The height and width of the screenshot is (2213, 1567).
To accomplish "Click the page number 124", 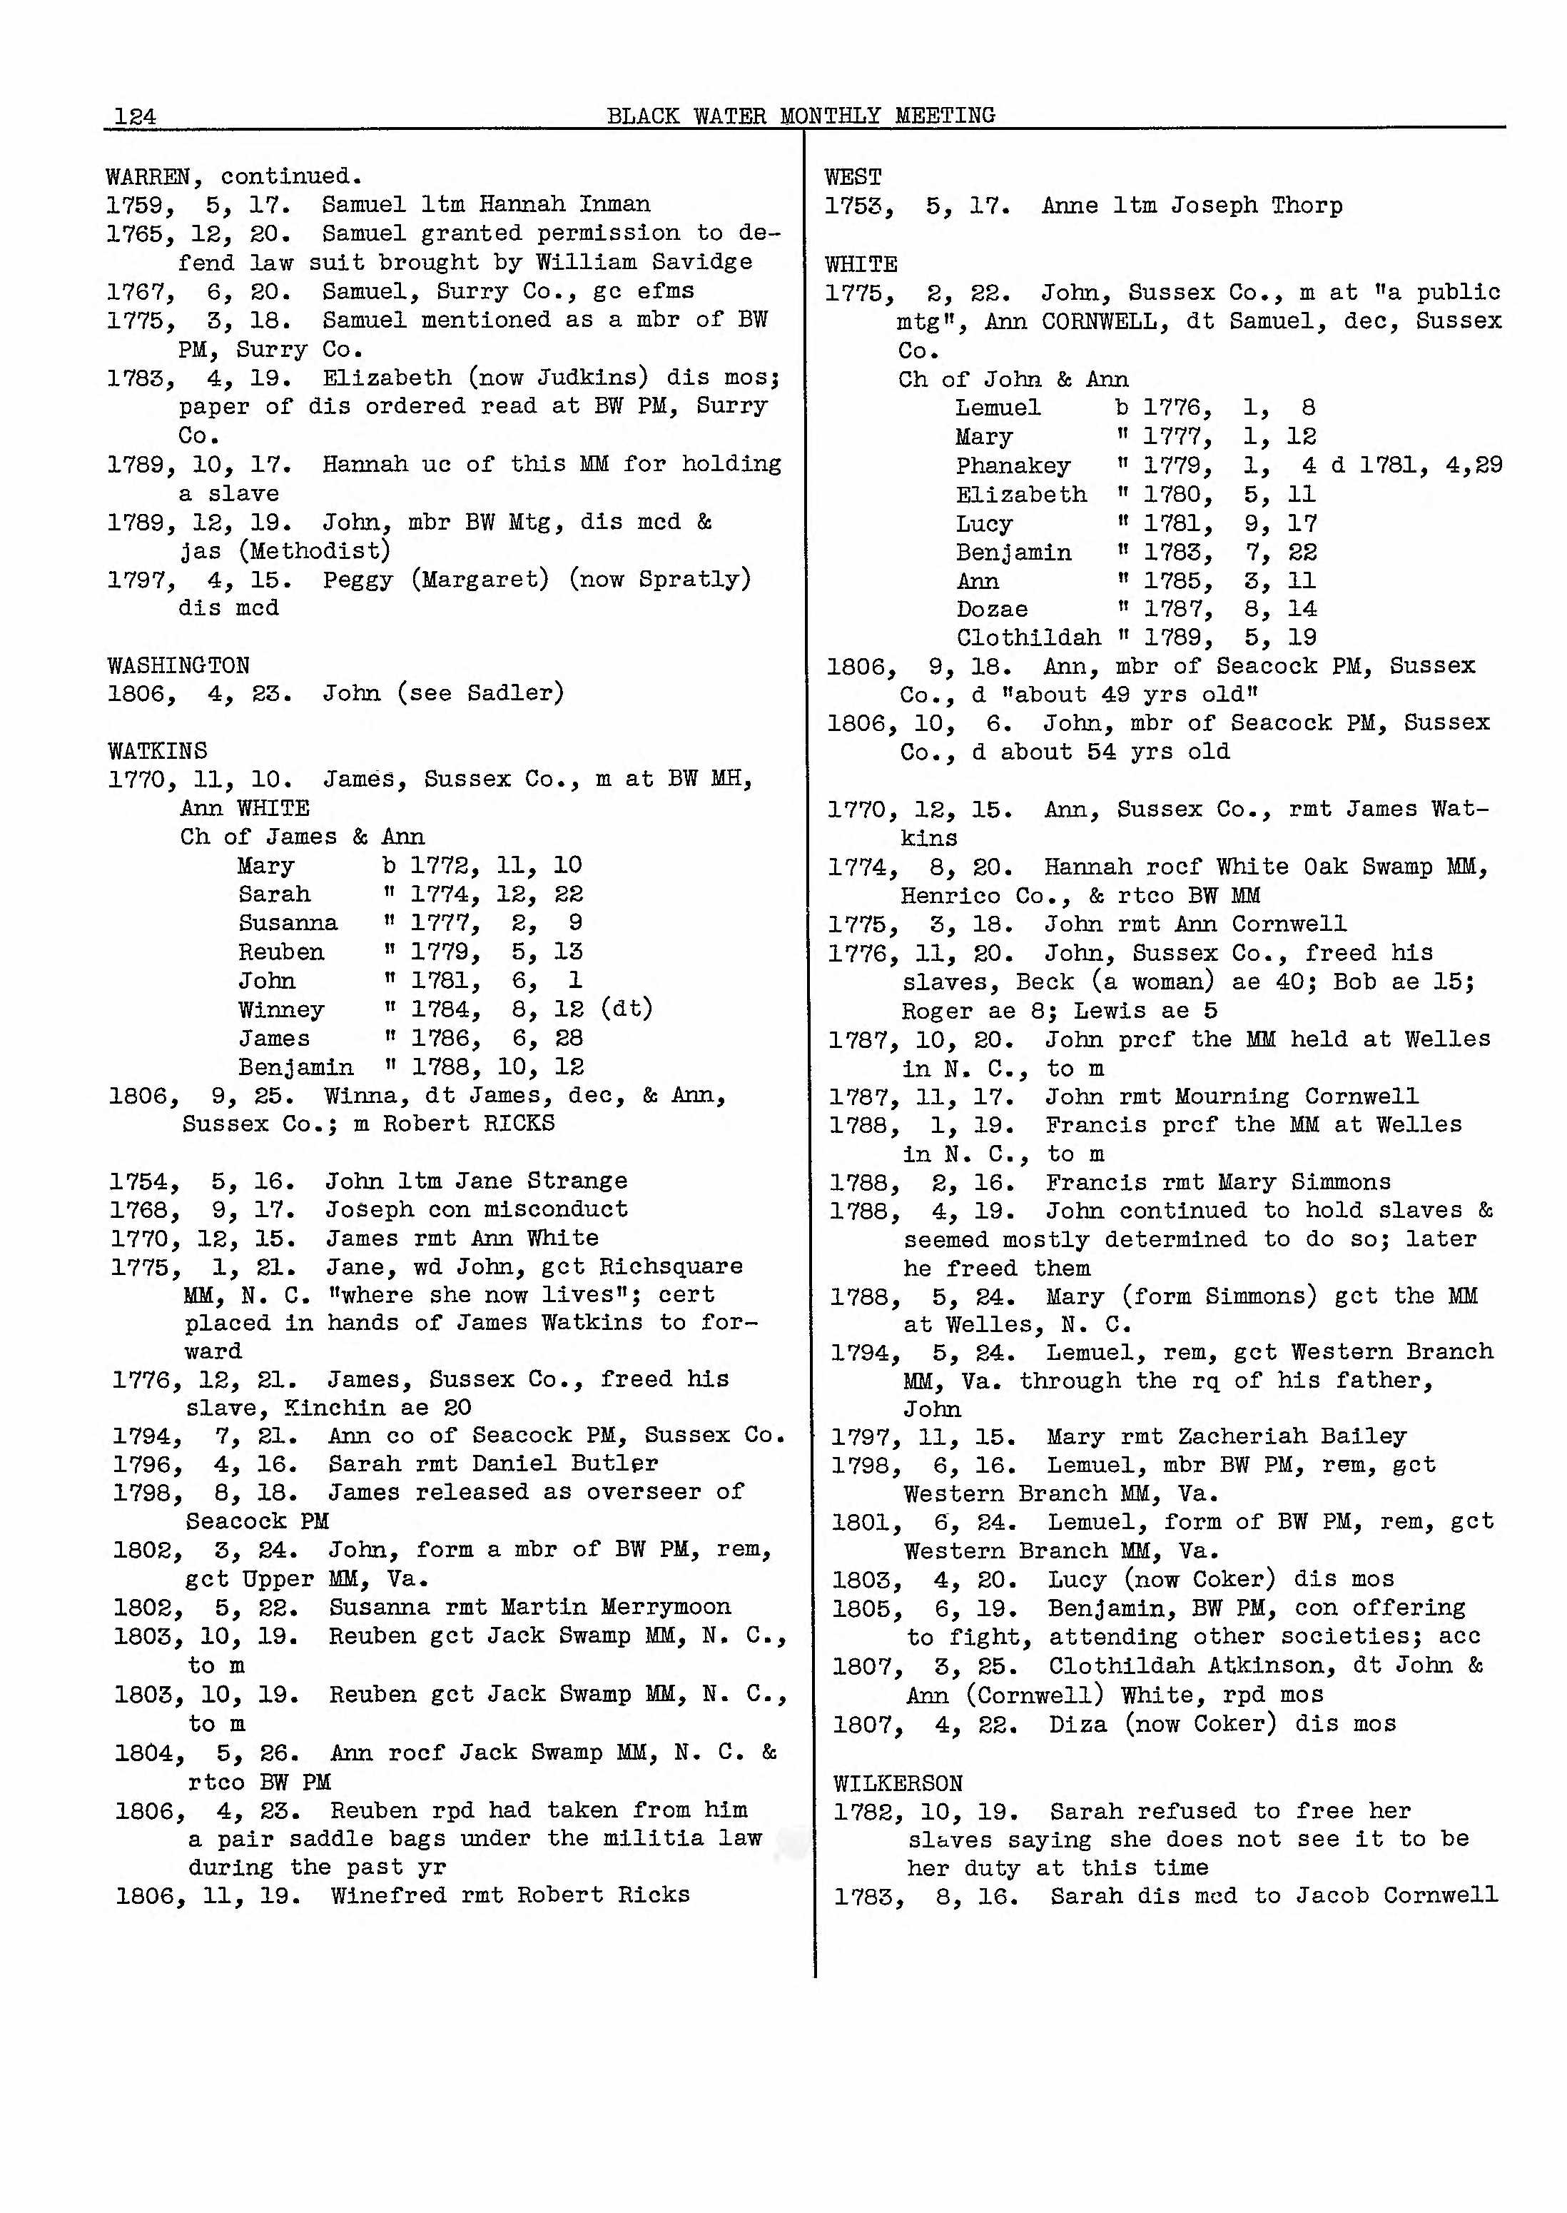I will [x=135, y=116].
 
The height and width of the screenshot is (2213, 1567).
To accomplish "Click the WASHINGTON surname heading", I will [x=178, y=665].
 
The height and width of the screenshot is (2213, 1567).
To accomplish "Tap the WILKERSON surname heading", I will [x=898, y=1783].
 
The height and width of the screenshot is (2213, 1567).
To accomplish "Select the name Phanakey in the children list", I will [x=1013, y=466].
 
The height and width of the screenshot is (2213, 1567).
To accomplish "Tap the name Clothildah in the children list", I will [x=1028, y=638].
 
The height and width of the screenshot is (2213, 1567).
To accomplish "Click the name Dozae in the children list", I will [x=992, y=609].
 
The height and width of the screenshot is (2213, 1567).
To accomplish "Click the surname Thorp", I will [x=1307, y=206].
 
